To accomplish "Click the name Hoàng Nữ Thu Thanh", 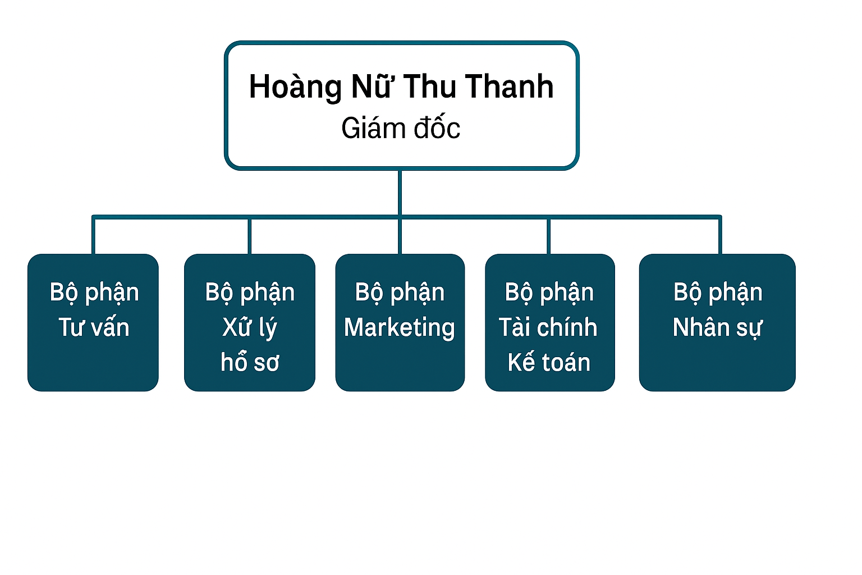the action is [401, 86].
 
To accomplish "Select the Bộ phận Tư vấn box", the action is [93, 323].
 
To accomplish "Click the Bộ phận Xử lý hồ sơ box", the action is [250, 323].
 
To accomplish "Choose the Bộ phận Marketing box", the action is [400, 323].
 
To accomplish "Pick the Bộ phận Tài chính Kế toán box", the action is [550, 323].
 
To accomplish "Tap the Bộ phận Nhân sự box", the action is [717, 323].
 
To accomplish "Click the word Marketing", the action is [400, 328].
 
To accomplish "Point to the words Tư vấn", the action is [94, 327].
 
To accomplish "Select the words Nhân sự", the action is [718, 328].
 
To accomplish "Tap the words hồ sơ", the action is [250, 362].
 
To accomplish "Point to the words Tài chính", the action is [548, 327].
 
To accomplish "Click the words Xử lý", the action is [250, 327].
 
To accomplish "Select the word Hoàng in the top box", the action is [296, 88].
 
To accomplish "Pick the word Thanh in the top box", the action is [510, 86].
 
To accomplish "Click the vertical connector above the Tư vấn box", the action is [93, 235].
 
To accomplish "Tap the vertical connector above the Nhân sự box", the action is [720, 235].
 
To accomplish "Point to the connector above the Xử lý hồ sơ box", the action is [250, 236].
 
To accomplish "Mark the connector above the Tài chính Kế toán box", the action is [549, 236].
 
